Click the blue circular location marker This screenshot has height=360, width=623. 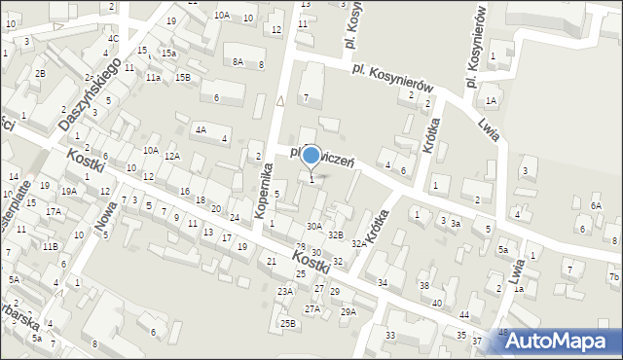click(311, 154)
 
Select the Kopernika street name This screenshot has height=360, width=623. click(262, 188)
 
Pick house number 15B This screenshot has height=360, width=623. click(183, 77)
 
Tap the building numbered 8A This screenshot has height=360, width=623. click(238, 61)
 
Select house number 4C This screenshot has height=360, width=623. click(114, 39)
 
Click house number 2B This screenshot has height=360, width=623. click(40, 74)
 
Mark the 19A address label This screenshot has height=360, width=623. click(69, 192)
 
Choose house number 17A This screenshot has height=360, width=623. click(53, 211)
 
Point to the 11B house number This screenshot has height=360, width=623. click(49, 247)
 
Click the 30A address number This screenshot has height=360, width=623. click(313, 226)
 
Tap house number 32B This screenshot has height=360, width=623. click(335, 235)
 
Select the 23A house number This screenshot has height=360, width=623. click(284, 291)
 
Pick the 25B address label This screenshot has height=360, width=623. click(287, 323)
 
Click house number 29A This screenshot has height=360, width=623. click(348, 311)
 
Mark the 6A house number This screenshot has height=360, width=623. click(596, 206)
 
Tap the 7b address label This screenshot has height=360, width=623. click(613, 277)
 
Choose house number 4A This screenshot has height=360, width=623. click(201, 129)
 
